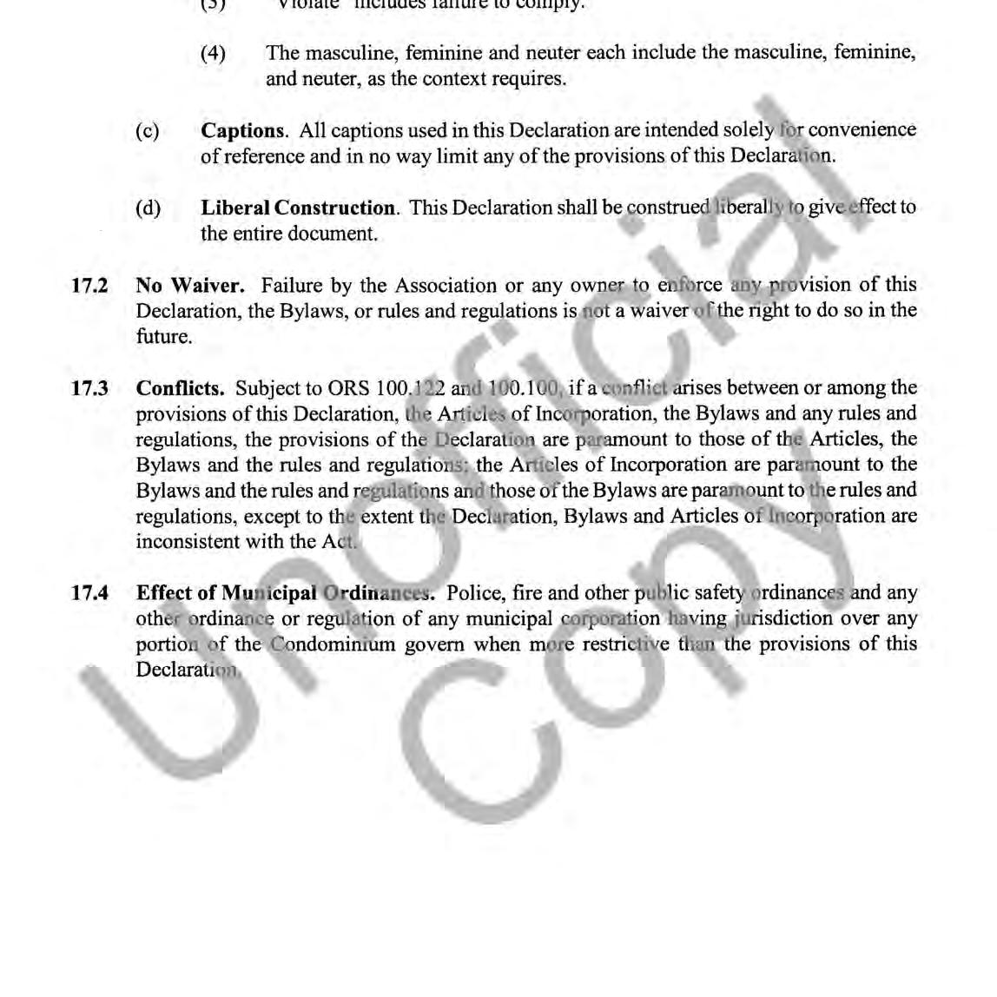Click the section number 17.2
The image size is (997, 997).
point(89,285)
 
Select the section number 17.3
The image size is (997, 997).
point(89,388)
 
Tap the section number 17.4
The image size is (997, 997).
point(89,593)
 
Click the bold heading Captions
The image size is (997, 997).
point(243,130)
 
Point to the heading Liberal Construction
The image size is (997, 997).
point(298,208)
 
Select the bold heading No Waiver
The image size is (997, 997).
point(190,285)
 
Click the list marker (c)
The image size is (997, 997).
point(148,130)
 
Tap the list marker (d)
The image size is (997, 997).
point(148,208)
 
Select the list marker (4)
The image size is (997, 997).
point(213,53)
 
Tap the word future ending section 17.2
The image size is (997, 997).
point(163,336)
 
